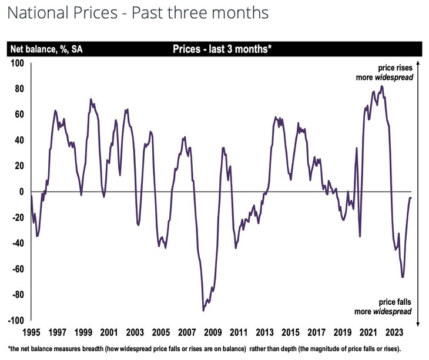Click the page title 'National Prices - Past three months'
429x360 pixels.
(x=138, y=14)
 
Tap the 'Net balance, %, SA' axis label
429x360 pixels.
(x=45, y=49)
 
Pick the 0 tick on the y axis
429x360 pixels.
(x=21, y=192)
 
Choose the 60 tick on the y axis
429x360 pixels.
(x=19, y=115)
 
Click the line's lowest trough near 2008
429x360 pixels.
(x=203, y=311)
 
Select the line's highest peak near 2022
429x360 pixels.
(x=382, y=86)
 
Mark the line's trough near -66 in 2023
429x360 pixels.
(x=403, y=277)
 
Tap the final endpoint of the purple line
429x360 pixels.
(x=411, y=198)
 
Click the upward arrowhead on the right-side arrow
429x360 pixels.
(x=417, y=62)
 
